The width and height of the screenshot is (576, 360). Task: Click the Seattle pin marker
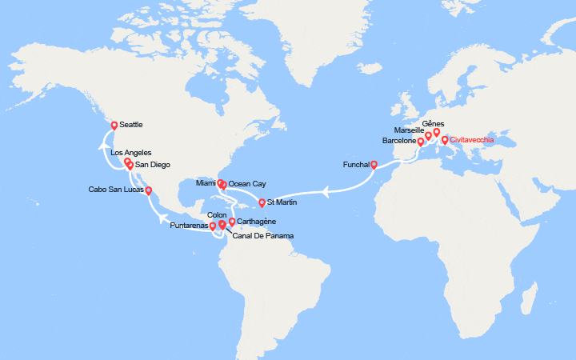[114, 126]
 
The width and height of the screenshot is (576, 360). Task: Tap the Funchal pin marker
[374, 166]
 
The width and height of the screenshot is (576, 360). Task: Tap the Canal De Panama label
[262, 236]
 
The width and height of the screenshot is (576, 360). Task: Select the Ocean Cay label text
[247, 184]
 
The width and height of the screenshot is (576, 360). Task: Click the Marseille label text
[410, 130]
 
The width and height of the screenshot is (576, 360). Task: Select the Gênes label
[432, 124]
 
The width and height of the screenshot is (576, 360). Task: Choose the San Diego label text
[151, 166]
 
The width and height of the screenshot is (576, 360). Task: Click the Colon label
[217, 214]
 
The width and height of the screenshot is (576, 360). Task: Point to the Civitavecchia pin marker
[445, 140]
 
